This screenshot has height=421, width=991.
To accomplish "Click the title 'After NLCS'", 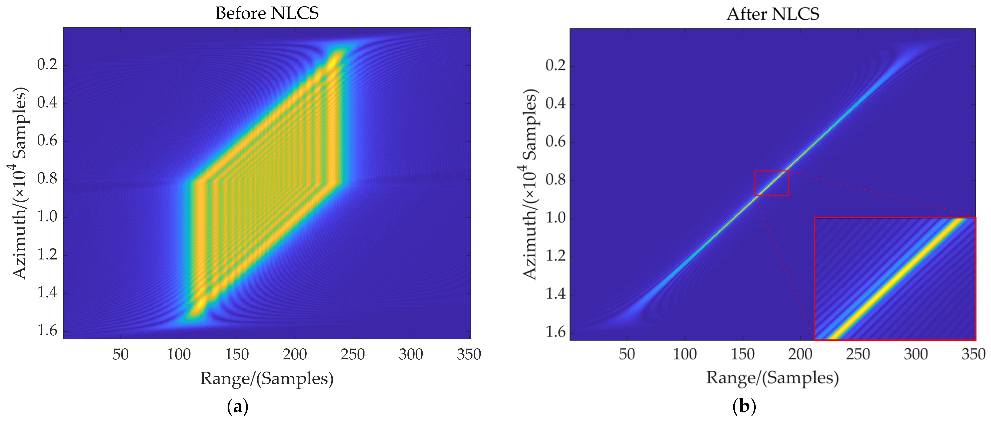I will (772, 14).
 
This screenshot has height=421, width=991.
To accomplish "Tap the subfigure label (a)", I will (238, 406).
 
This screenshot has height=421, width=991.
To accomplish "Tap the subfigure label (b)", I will (744, 406).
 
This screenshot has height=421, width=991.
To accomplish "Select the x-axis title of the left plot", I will (267, 378).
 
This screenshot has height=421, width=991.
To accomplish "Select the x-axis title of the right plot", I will (772, 378).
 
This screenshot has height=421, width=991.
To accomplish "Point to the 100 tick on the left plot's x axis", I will (178, 354).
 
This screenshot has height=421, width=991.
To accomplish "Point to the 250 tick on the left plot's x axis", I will (352, 354).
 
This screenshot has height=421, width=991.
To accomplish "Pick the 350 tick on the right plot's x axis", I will (973, 354).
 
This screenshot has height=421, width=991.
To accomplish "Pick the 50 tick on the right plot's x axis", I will (627, 354).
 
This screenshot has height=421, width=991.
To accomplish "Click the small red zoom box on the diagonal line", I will (772, 183).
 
